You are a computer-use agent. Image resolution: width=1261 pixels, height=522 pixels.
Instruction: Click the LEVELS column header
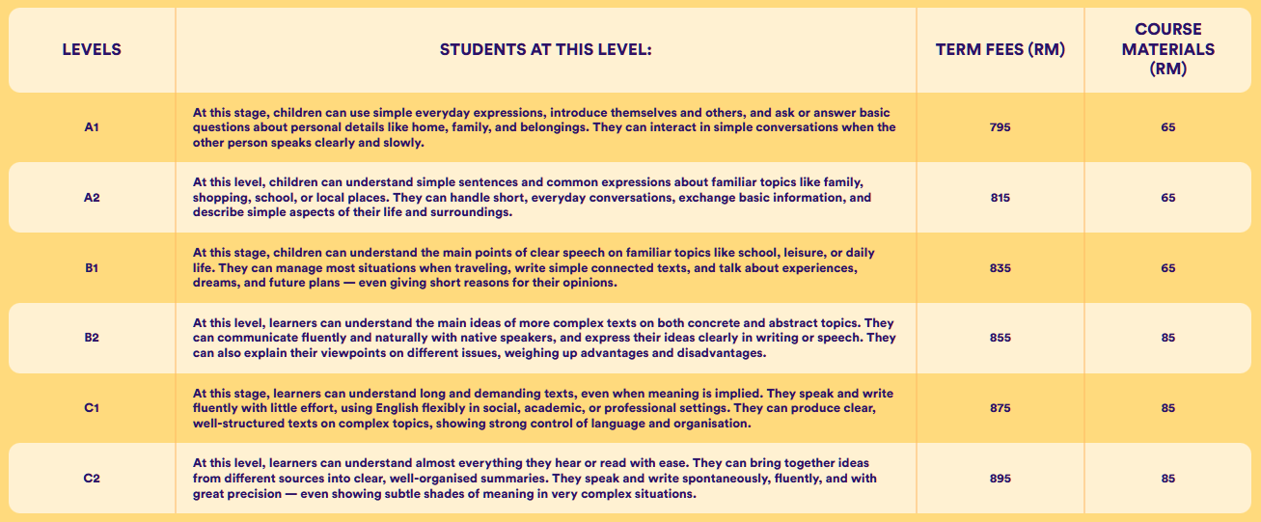92,49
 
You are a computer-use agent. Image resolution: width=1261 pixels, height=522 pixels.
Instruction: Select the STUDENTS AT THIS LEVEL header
546,49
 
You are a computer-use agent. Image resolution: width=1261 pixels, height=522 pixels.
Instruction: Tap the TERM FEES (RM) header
1000,49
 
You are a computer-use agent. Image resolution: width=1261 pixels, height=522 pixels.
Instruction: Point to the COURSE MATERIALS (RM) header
1167,50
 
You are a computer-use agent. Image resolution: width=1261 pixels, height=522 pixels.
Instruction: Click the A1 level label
92,127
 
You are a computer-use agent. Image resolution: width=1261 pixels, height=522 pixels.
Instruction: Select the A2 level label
92,198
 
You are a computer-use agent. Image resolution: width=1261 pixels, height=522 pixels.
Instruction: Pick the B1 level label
92,268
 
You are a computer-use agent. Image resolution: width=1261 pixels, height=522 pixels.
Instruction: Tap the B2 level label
92,338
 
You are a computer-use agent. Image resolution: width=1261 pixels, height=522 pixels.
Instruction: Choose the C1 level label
92,408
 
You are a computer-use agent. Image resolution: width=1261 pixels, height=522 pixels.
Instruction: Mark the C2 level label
92,479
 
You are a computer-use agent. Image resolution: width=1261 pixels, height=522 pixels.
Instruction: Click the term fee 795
1000,127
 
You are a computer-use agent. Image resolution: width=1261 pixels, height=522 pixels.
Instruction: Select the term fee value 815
1000,198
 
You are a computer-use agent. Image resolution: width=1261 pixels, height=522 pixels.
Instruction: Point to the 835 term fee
1000,268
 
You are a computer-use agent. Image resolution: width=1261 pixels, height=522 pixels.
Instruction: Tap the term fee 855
1000,338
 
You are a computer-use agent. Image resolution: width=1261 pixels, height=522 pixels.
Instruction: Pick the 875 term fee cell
1000,408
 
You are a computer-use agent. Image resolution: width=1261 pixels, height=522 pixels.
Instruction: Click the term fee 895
1000,479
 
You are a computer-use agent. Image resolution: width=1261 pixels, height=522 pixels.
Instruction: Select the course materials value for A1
1167,127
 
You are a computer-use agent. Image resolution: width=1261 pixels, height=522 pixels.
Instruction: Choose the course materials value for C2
1167,479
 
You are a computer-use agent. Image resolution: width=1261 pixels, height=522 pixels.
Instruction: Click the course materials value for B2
1167,338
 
